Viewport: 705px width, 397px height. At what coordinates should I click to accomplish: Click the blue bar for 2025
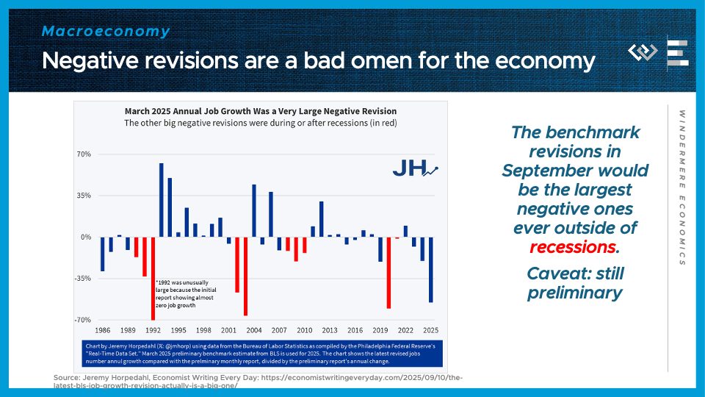(x=431, y=269)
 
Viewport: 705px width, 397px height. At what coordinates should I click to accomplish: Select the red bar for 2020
(x=388, y=273)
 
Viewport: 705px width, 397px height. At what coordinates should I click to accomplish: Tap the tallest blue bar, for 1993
(x=161, y=200)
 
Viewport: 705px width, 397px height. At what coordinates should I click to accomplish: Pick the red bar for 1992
(x=153, y=279)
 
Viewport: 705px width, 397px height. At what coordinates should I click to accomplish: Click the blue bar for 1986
(x=102, y=254)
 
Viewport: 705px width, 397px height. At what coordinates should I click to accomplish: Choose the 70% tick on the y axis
(x=82, y=154)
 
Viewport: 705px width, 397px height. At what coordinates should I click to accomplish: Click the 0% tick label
(x=85, y=237)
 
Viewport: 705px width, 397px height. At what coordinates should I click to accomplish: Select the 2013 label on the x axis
(x=330, y=331)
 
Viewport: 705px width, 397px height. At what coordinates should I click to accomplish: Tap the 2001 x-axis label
(x=228, y=331)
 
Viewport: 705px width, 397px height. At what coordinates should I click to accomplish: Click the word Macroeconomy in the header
(x=106, y=32)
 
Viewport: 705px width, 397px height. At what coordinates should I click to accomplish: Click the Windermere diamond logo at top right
(x=643, y=53)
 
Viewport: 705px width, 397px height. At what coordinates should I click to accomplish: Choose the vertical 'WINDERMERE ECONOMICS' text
(x=681, y=187)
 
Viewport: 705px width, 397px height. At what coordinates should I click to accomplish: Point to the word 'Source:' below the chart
(x=66, y=377)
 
